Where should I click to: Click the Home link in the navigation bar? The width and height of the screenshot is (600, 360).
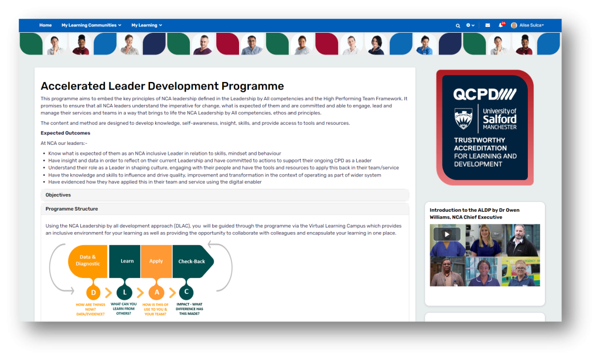pos(45,25)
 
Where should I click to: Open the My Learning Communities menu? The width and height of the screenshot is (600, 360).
pos(91,25)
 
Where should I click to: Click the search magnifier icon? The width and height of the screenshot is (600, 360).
pos(458,26)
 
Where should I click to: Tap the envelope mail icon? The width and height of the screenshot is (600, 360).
pos(487,25)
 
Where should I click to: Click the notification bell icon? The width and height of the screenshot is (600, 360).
pos(500,25)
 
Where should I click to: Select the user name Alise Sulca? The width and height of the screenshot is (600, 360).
pos(531,25)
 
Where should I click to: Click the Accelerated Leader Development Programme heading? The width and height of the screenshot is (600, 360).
pos(162,86)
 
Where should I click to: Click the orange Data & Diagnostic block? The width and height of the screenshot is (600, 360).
pos(88,261)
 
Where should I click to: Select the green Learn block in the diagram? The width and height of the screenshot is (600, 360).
pos(125,261)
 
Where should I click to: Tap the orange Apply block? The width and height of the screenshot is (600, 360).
pos(156,261)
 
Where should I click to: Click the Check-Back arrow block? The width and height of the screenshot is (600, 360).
pos(193,261)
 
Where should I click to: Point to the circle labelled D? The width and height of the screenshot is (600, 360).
pos(93,293)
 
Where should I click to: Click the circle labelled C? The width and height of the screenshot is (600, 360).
pos(186,292)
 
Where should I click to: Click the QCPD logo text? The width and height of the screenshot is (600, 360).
pos(485,94)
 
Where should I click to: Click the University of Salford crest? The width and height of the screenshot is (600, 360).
pos(463,118)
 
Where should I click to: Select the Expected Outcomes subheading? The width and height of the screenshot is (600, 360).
pos(66,133)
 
